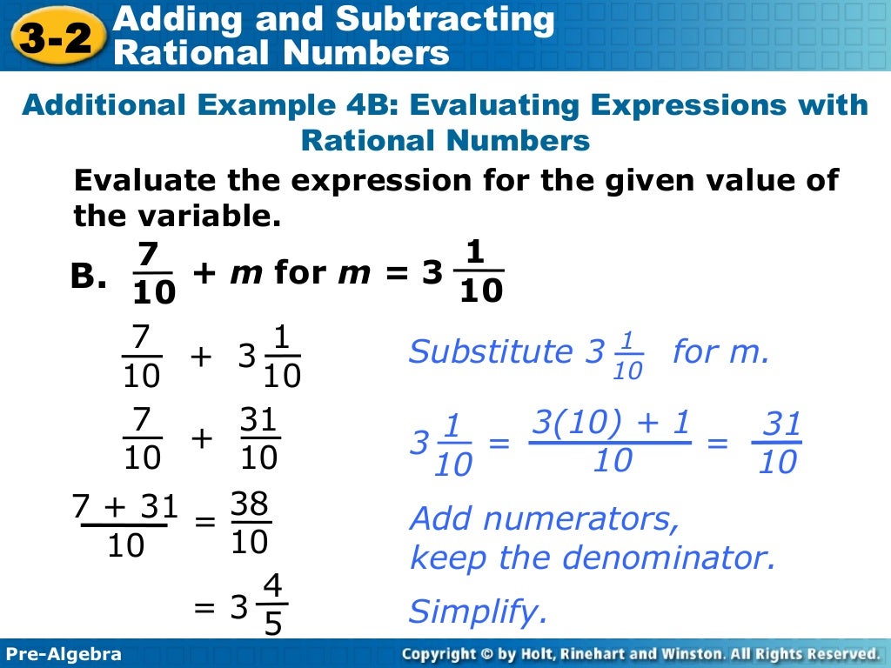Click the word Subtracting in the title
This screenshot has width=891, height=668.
click(x=445, y=19)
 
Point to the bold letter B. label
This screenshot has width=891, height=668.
click(x=89, y=277)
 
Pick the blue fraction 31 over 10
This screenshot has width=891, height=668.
click(x=778, y=444)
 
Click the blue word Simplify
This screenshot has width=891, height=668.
click(x=478, y=612)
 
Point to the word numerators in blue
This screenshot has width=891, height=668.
click(x=581, y=519)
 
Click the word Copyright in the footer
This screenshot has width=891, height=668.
click(x=440, y=654)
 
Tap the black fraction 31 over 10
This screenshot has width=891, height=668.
click(x=258, y=440)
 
